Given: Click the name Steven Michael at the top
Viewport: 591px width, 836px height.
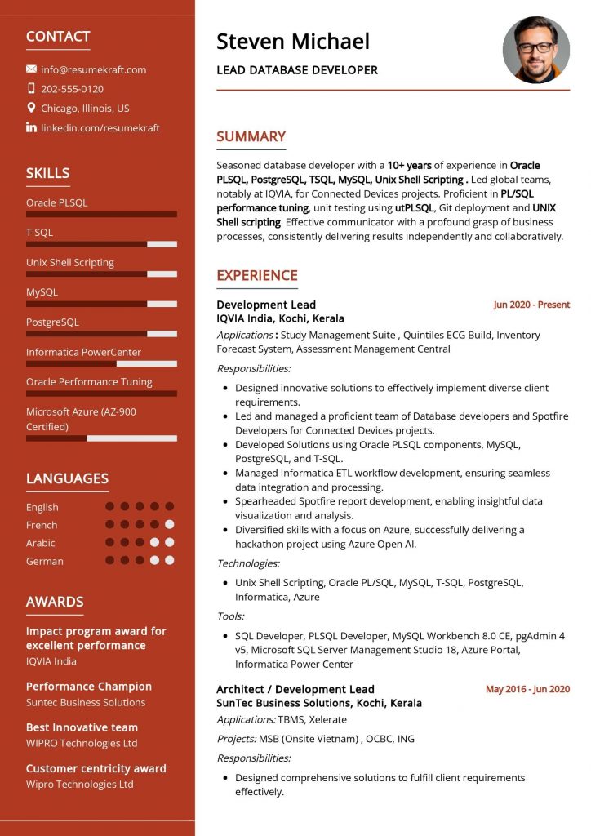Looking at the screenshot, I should click(292, 41).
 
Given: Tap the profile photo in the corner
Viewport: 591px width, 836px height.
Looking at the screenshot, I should click(535, 50).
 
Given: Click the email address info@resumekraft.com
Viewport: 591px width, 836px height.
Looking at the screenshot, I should click(93, 69).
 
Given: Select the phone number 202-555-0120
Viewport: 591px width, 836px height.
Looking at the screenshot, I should click(72, 89).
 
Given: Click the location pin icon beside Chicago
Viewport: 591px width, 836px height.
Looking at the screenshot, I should click(31, 108).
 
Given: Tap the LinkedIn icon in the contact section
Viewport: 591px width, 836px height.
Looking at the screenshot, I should click(31, 127).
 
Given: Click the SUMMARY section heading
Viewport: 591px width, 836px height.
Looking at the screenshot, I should click(251, 137).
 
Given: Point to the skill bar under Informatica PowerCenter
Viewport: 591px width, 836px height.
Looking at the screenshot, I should click(101, 363).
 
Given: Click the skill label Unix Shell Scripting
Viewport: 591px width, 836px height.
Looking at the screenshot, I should click(69, 263).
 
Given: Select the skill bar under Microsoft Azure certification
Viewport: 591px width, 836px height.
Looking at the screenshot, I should click(101, 438).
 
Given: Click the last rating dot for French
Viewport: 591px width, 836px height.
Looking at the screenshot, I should click(169, 525).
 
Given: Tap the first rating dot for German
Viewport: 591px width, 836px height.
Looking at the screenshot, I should click(109, 561).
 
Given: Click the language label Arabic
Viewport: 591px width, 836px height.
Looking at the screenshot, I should click(41, 543).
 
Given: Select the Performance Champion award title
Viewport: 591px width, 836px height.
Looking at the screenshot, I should click(88, 687).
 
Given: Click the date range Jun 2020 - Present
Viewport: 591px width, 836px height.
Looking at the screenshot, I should click(531, 305).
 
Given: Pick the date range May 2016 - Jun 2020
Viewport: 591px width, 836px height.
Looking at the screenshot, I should click(527, 689).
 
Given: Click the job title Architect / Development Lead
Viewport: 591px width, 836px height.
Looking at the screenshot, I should click(295, 689).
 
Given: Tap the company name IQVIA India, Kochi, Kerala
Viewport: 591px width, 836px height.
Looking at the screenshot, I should click(280, 318).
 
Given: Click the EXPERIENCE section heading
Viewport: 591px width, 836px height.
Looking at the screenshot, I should click(256, 276).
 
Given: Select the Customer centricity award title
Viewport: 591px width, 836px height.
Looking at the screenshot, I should click(96, 768).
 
